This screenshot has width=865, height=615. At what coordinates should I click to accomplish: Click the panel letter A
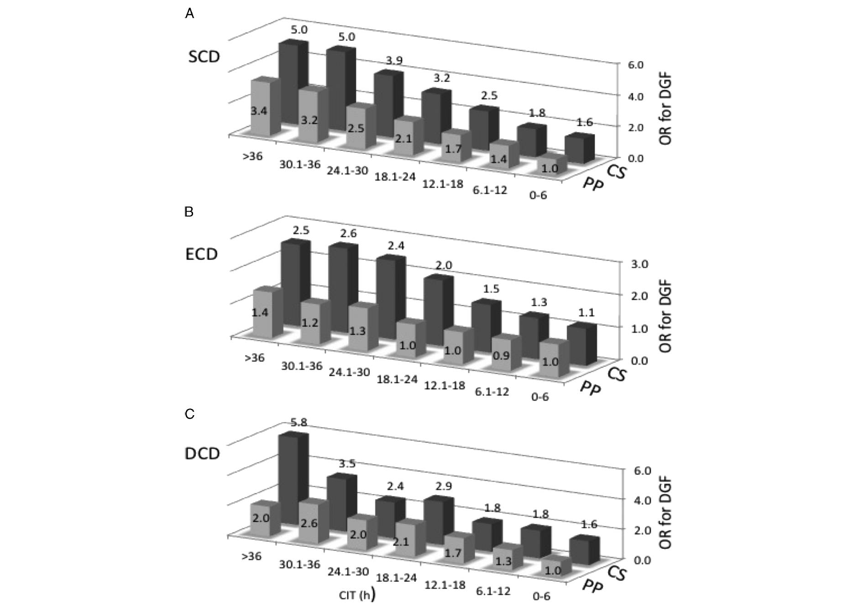(189, 14)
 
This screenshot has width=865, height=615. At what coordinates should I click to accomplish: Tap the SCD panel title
(204, 57)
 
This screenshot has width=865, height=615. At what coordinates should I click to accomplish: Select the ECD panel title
(202, 254)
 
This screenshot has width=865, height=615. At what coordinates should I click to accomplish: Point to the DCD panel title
(203, 454)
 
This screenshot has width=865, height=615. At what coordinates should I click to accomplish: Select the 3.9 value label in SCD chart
(394, 61)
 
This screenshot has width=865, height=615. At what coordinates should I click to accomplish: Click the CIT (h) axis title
(357, 595)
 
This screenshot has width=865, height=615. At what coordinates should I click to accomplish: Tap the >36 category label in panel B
(254, 358)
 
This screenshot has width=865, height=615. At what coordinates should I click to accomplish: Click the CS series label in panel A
(617, 171)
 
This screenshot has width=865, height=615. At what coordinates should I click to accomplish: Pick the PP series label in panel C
(592, 585)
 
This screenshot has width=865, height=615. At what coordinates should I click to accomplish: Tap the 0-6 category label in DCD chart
(541, 596)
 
